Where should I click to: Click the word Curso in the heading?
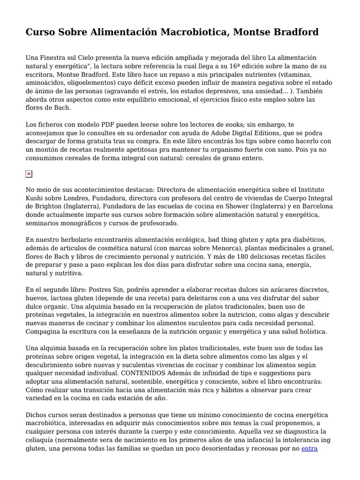coord(40,32)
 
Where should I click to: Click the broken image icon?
coord(29,174)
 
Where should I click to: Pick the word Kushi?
coord(35,198)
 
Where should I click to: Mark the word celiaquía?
coord(41,440)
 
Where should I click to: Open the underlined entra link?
coord(309,448)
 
